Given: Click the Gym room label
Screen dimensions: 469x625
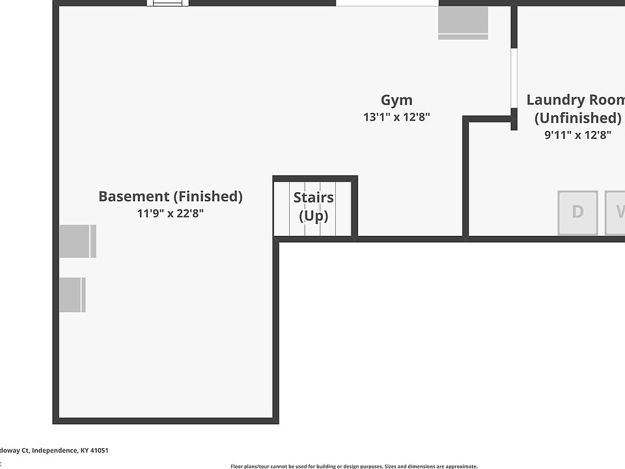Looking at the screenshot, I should [396, 100].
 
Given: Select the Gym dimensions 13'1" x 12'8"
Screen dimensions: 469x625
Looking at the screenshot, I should [396, 117].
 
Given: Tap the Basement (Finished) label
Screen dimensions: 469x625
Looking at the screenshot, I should [170, 196].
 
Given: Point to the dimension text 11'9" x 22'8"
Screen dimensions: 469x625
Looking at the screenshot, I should [170, 213].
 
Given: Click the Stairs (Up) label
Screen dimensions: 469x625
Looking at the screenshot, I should [313, 206].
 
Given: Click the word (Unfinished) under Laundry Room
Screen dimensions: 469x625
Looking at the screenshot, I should [577, 118].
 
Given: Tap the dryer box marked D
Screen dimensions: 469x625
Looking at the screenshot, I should [577, 212].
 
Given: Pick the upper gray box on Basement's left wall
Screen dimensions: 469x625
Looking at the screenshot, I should [77, 241].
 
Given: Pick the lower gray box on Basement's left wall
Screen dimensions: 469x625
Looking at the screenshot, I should [72, 294].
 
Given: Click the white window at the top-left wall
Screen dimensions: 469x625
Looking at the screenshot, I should [168, 3].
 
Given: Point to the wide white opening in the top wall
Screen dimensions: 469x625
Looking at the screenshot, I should [387, 3].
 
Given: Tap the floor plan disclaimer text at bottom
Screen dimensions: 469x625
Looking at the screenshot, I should [354, 466].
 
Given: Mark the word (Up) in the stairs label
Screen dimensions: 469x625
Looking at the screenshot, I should [313, 216].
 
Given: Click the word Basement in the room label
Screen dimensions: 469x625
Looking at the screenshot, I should [133, 196].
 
